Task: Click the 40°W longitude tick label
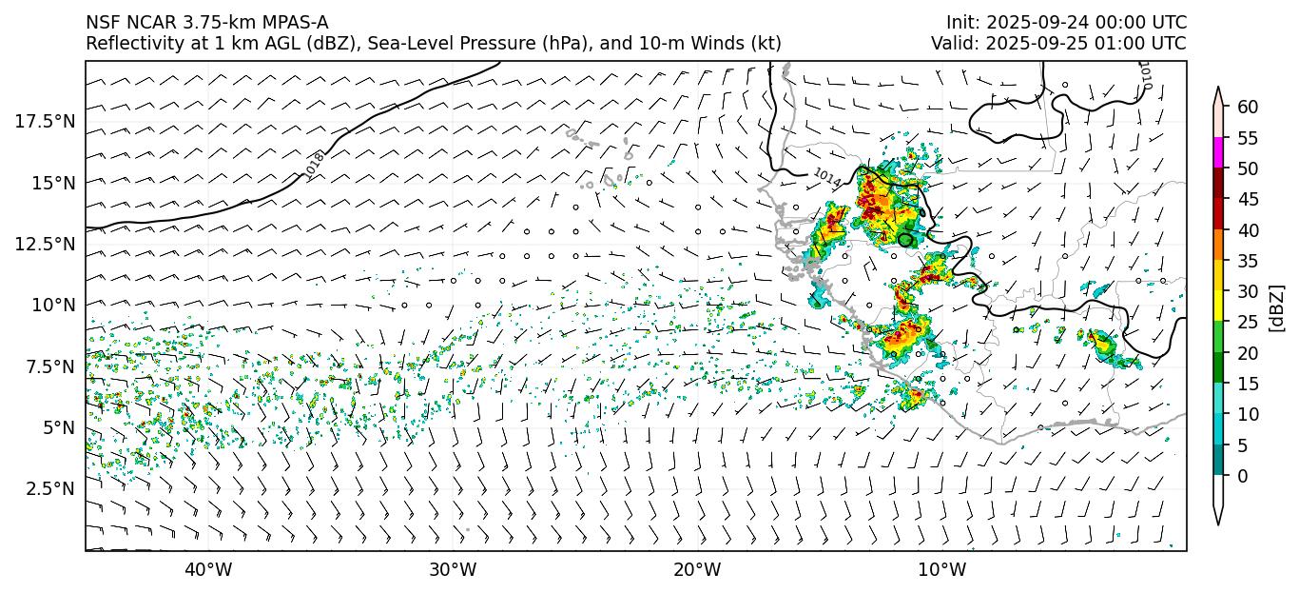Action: click(x=207, y=570)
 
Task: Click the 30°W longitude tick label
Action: click(x=453, y=570)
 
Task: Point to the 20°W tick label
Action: click(x=697, y=570)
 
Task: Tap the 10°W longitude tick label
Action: click(x=942, y=570)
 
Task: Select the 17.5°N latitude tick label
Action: click(x=45, y=121)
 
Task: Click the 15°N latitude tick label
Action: click(x=53, y=182)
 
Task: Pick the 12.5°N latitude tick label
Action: click(x=45, y=244)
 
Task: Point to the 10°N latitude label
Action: click(x=53, y=305)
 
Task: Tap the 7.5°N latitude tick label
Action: click(x=48, y=366)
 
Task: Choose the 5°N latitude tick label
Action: click(x=57, y=427)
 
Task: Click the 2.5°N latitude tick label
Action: click(x=48, y=488)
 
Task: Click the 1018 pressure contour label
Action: click(x=315, y=165)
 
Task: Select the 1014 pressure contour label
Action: click(x=826, y=177)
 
